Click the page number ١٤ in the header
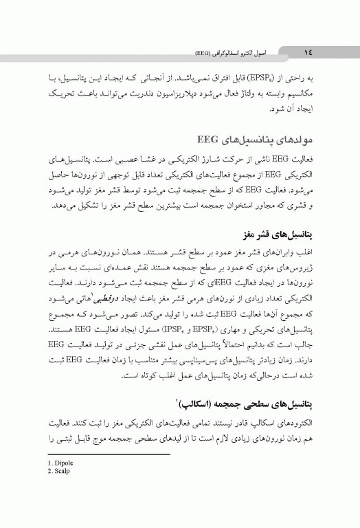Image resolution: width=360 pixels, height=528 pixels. (304, 52)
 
